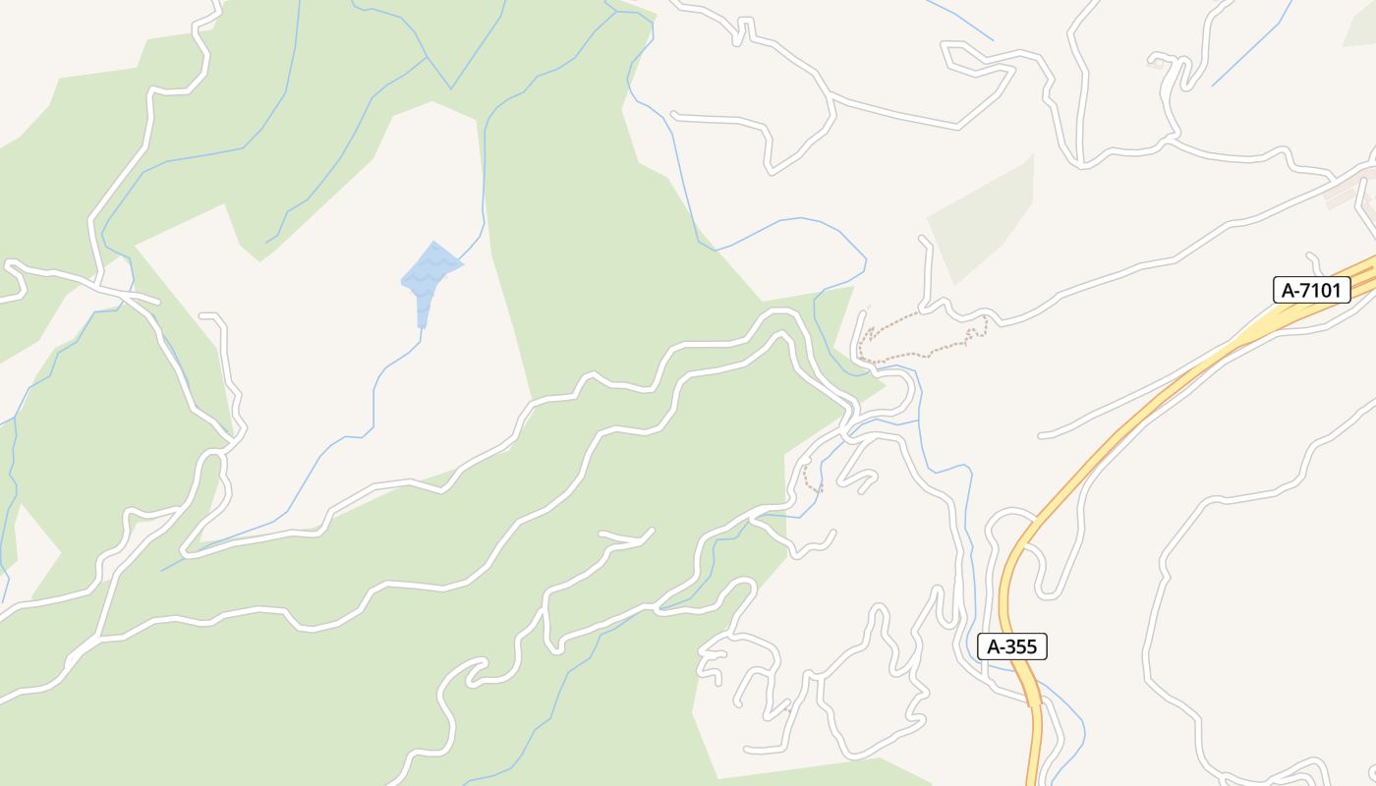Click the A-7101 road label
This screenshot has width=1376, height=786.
pyautogui.click(x=1311, y=290)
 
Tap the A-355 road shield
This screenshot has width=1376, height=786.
pyautogui.click(x=1012, y=646)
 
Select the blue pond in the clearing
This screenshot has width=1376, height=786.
pyautogui.click(x=430, y=274)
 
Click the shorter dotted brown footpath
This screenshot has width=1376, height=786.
pyautogui.click(x=810, y=480)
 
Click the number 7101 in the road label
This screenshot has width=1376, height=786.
pyautogui.click(x=1322, y=290)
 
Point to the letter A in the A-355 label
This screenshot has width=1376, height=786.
pyautogui.click(x=994, y=646)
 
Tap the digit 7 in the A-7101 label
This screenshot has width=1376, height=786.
pyautogui.click(x=1306, y=290)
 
